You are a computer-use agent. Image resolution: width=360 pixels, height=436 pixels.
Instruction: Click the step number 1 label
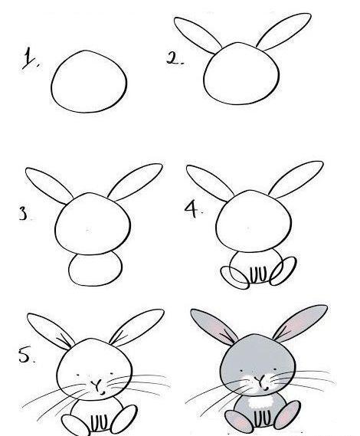[x=30, y=58]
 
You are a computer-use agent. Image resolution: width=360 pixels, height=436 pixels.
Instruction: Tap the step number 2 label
[x=175, y=58]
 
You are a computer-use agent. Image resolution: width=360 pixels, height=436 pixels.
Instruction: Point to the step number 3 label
[x=24, y=214]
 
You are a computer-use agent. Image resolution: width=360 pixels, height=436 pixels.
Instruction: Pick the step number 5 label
[x=25, y=356]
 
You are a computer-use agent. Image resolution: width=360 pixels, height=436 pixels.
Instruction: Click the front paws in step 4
[x=259, y=274]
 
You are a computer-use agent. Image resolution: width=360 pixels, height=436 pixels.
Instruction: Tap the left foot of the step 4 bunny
[x=234, y=277]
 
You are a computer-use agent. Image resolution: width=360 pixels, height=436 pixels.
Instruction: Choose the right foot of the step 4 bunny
[x=283, y=270]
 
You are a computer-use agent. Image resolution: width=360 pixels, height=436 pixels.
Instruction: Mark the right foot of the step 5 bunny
[x=124, y=419]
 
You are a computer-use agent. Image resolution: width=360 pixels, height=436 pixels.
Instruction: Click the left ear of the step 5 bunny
[x=50, y=330]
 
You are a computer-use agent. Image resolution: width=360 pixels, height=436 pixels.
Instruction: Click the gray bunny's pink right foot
[x=287, y=415]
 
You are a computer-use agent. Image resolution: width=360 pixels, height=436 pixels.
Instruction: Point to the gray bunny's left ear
[x=214, y=326]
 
